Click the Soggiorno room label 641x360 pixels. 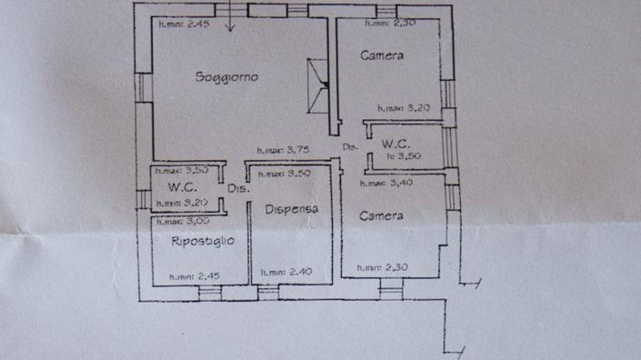226,77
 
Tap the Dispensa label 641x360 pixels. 291,209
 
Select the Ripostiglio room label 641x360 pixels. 202,241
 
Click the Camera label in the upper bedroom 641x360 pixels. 382,56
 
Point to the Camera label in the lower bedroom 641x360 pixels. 381,216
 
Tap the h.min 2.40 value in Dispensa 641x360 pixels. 287,272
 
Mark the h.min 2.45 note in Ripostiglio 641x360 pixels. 195,275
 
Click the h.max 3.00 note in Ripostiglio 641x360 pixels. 182,221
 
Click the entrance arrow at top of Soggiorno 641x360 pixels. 228,18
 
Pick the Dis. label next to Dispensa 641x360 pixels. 238,189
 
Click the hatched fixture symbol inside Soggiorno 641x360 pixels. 318,85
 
